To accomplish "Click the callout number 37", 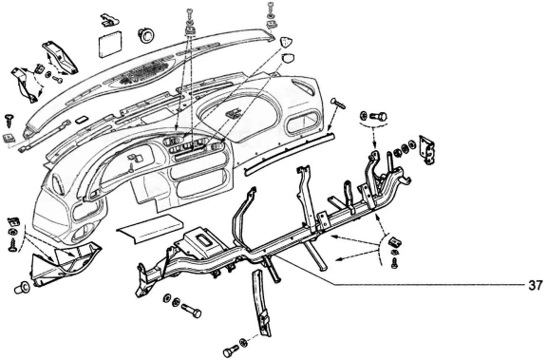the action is click(x=536, y=285).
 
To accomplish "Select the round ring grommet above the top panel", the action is click(x=147, y=35).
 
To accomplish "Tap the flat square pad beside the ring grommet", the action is click(x=110, y=44).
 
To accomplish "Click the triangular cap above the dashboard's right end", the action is click(x=285, y=42).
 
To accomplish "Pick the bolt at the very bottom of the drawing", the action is click(x=232, y=351).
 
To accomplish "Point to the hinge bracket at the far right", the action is click(x=427, y=149).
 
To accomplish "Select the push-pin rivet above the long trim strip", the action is click(x=338, y=104).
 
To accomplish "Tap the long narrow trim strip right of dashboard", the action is click(x=290, y=152).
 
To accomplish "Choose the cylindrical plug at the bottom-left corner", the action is click(x=23, y=287).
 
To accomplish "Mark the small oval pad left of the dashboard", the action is click(x=82, y=120).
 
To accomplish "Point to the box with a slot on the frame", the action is click(x=199, y=238).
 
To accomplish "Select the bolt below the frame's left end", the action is click(x=191, y=311).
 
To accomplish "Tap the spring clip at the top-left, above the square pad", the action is click(x=109, y=20).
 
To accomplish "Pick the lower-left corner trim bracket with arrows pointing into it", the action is click(x=66, y=263).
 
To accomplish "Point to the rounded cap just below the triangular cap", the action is click(x=287, y=58).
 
